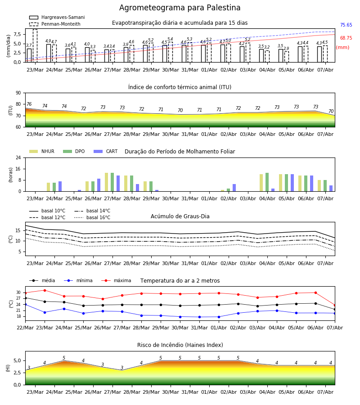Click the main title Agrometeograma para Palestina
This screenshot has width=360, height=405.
(x=180, y=8)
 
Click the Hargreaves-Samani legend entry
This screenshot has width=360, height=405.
(x=57, y=17)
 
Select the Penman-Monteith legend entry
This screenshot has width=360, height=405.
(x=55, y=24)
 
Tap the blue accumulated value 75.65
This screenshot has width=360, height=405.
(x=346, y=25)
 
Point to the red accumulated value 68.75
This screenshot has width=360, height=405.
(x=346, y=38)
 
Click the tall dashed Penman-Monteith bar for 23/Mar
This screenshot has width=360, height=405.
(x=35, y=46)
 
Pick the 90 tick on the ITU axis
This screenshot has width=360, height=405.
(x=18, y=93)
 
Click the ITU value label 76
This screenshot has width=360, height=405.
(x=29, y=104)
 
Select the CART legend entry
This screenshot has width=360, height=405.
(x=105, y=151)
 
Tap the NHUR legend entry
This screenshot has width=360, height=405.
(x=42, y=151)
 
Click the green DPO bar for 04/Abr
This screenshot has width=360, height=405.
(x=267, y=182)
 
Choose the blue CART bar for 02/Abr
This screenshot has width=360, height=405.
(x=234, y=188)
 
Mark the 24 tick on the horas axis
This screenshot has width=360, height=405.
(x=18, y=157)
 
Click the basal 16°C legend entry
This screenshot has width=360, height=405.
(x=92, y=217)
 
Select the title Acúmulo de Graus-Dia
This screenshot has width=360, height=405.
(x=180, y=216)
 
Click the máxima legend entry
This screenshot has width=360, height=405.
(x=116, y=280)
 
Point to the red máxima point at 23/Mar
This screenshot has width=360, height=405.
(x=45, y=290)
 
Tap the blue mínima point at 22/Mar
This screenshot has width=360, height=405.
(x=25, y=305)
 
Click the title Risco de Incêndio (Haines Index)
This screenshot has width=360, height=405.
(x=180, y=345)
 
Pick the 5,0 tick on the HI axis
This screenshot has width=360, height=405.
(x=18, y=360)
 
